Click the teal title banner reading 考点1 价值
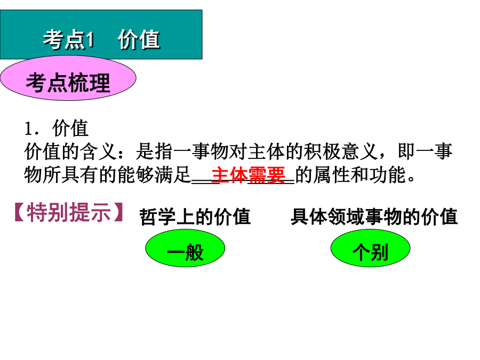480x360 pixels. [x=101, y=34]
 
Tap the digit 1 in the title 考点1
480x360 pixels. [x=90, y=40]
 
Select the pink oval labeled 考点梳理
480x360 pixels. [x=68, y=78]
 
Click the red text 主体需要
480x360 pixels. [x=248, y=175]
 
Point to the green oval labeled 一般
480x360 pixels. [x=185, y=248]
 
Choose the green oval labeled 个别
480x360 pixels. [x=371, y=248]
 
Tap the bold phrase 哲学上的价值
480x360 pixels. [x=195, y=217]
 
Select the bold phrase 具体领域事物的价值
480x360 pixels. [x=374, y=217]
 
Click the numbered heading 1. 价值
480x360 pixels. [x=57, y=128]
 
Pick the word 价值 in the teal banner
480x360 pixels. [x=139, y=40]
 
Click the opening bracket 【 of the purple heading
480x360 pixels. [x=20, y=212]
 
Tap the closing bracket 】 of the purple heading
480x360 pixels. [x=118, y=212]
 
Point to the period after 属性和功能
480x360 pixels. [x=411, y=179]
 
